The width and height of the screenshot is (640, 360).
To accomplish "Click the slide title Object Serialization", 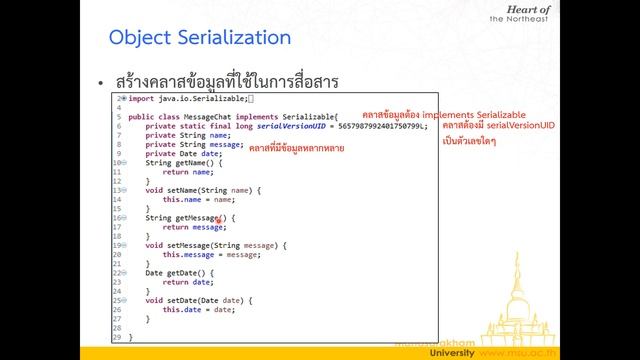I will tap(199, 38).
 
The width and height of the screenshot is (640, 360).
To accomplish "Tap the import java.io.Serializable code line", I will tap(191, 99).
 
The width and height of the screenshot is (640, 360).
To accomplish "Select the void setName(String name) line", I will tap(203, 190).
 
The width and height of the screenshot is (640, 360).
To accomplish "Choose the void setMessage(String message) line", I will tap(216, 245).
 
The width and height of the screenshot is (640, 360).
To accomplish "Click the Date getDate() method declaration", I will tap(181, 272).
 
